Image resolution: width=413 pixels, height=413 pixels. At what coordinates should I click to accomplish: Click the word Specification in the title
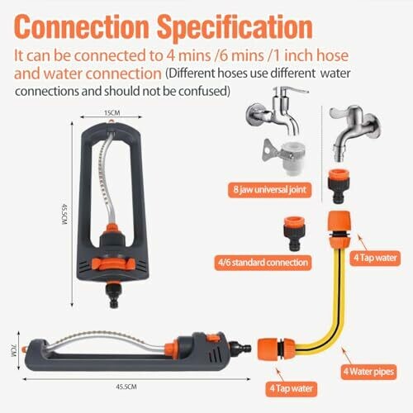[x=235, y=27]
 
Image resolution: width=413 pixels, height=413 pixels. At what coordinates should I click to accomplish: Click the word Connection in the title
[x=82, y=26]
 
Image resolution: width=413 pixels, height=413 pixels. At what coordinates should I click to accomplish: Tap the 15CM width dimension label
[x=112, y=113]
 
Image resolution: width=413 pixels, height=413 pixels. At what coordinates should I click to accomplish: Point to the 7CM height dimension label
[x=14, y=350]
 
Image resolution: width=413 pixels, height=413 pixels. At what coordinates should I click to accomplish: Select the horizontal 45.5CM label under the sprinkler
[x=126, y=387]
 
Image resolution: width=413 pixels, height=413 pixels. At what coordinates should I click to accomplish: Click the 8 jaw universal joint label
[x=270, y=190]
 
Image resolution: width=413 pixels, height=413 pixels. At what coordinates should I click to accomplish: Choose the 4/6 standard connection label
[x=263, y=263]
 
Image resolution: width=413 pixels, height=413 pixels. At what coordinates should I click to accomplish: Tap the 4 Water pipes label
[x=368, y=372]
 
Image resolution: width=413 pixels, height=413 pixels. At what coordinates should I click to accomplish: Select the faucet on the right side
[x=355, y=132]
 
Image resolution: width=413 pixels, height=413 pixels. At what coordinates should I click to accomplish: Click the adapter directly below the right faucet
[x=339, y=186]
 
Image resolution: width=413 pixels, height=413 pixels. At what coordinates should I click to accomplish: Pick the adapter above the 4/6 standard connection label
[x=295, y=233]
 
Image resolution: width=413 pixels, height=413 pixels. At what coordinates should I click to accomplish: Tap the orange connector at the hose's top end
[x=339, y=230]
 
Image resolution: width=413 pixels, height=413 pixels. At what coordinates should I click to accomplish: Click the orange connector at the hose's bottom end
[x=277, y=349]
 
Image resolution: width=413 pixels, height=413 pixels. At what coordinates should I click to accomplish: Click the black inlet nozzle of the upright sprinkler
[x=114, y=296]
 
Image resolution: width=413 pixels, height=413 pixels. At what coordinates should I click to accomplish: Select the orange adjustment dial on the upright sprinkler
[x=113, y=264]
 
